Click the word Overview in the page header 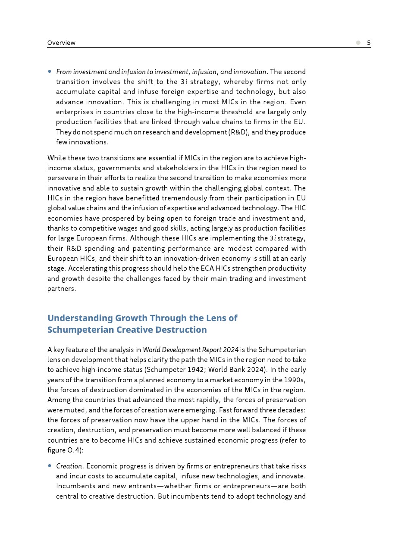point(61,43)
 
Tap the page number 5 point(369,43)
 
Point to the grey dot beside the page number point(358,43)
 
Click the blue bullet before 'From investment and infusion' point(50,72)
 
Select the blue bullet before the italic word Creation point(50,466)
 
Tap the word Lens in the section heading point(216,318)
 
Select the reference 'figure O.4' point(63,450)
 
